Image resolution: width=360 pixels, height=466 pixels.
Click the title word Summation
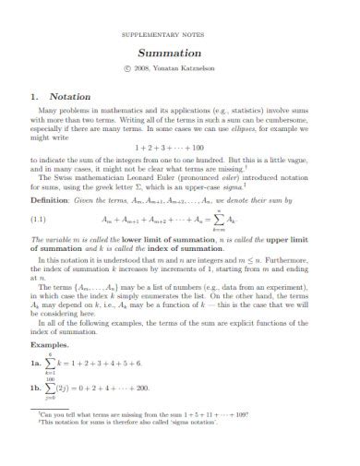180,54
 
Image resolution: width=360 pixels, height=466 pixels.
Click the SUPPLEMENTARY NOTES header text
180,30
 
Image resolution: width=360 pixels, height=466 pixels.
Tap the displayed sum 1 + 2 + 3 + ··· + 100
180,147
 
